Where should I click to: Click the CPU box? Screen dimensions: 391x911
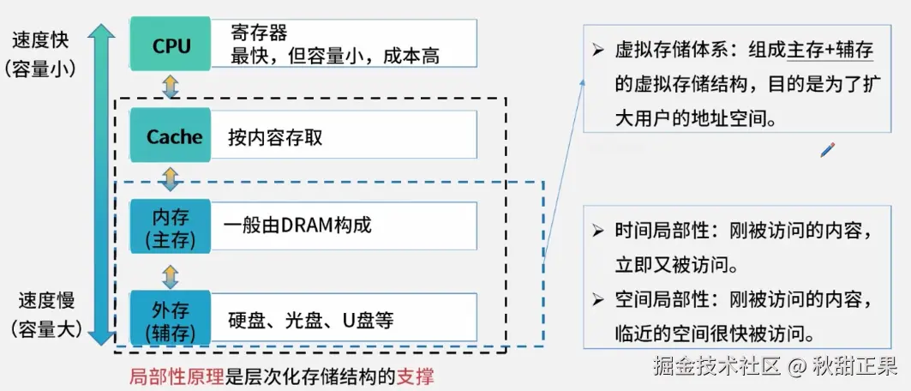[x=171, y=45]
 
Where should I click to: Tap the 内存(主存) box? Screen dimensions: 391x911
[x=170, y=226]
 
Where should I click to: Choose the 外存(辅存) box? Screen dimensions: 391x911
[x=170, y=319]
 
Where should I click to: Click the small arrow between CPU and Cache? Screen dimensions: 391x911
[x=170, y=85]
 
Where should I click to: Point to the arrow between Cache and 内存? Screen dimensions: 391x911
[x=170, y=179]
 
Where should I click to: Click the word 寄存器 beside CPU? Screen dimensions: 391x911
[x=259, y=33]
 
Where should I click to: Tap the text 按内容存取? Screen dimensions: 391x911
[x=275, y=137]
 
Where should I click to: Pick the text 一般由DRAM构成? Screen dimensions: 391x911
[x=297, y=226]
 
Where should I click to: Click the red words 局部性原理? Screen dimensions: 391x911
[x=177, y=376]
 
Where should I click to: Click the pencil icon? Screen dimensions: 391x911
[x=827, y=150]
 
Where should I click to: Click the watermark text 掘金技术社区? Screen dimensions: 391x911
[x=716, y=367]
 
